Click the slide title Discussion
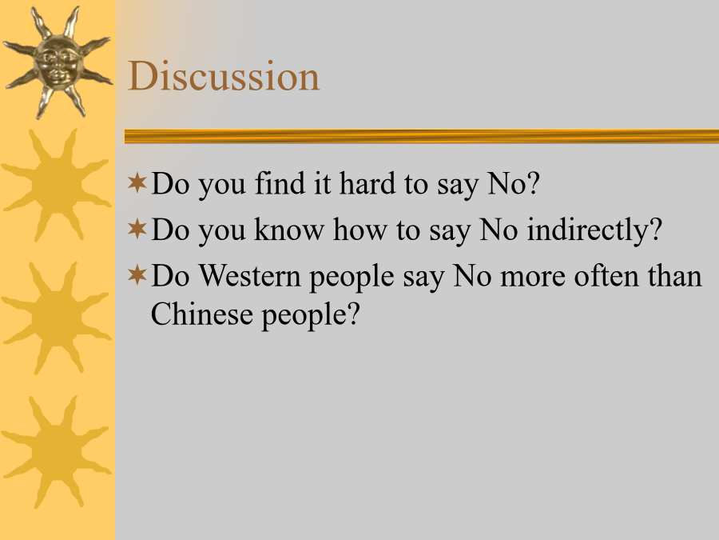coord(224,76)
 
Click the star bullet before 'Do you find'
coord(137,182)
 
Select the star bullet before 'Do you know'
coord(137,229)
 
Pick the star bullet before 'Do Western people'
coord(137,275)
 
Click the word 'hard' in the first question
coord(367,183)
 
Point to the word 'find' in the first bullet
coord(280,183)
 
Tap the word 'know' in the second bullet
coord(289,230)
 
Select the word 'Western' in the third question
coord(249,276)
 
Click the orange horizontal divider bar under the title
coord(421,136)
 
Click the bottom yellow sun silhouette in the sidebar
coord(57,452)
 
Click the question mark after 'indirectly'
coord(657,229)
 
